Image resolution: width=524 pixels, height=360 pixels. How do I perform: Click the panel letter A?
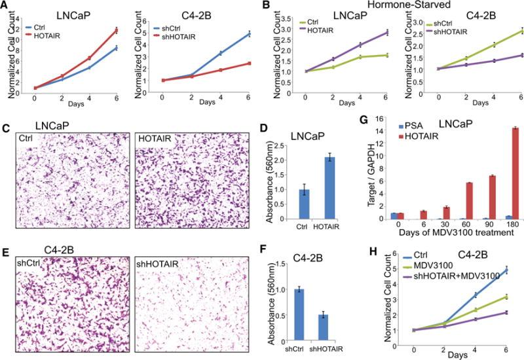coord(5,6)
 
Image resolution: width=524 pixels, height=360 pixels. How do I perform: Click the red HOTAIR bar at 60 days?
coord(451,200)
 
